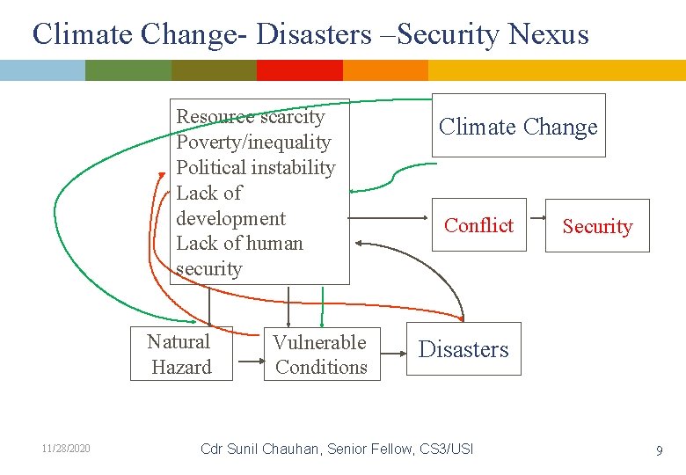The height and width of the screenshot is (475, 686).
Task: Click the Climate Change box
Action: point(518,126)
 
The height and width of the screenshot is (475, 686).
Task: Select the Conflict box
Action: point(478,225)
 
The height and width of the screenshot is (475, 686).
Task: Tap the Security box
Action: point(597,226)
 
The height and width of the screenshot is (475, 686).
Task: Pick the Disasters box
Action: point(463,349)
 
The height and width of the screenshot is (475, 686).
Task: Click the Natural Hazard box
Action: point(181,354)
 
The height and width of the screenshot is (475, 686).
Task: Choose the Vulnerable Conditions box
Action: point(321,354)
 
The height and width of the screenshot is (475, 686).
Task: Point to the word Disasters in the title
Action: point(314,34)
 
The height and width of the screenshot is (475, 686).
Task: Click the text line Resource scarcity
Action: point(251,117)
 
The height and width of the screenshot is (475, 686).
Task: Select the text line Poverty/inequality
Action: point(253,142)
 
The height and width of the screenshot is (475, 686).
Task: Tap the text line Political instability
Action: point(256,167)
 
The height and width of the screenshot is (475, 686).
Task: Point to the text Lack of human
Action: point(239,244)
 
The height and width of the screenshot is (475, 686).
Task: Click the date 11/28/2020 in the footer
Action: point(66,449)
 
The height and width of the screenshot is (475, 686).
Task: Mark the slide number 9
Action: point(659,450)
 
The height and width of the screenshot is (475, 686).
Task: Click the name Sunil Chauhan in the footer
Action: point(275,449)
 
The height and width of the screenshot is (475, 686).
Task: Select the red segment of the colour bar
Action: point(299,70)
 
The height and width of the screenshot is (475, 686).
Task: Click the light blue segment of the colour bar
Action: point(42,70)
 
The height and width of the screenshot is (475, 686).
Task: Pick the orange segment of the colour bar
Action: point(385,70)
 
